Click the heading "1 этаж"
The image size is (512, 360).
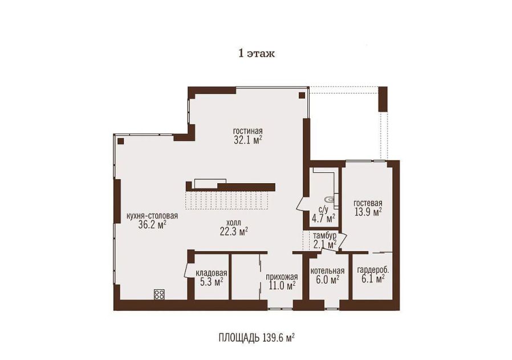257,54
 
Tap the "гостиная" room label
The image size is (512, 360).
248,131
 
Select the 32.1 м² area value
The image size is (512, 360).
248,140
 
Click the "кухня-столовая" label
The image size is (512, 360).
152,216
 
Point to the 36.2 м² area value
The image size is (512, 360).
152,225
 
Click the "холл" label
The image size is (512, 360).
233,223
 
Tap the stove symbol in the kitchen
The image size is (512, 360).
159,294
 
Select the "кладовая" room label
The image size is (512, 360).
212,273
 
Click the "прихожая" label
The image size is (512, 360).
282,277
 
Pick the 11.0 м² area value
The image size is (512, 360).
282,286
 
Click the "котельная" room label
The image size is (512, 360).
327,271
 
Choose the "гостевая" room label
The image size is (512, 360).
368,203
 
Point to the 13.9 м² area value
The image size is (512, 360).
368,212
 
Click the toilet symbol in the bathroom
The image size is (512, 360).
330,199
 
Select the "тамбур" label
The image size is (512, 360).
324,236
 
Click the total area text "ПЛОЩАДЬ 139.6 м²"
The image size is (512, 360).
257,337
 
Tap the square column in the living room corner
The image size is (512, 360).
302,95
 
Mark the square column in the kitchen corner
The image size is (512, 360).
120,141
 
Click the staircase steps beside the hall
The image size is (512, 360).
226,200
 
